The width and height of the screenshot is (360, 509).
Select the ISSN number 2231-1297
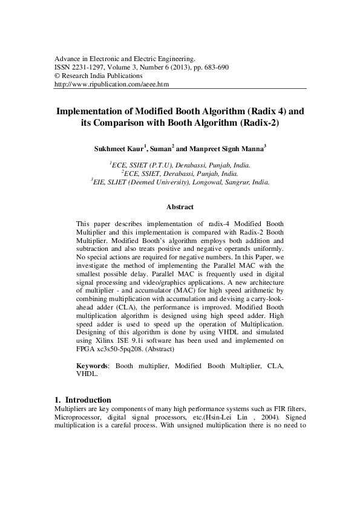(x=89, y=68)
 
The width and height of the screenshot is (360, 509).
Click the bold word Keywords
(x=93, y=366)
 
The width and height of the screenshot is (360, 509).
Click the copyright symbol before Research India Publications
(x=57, y=76)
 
